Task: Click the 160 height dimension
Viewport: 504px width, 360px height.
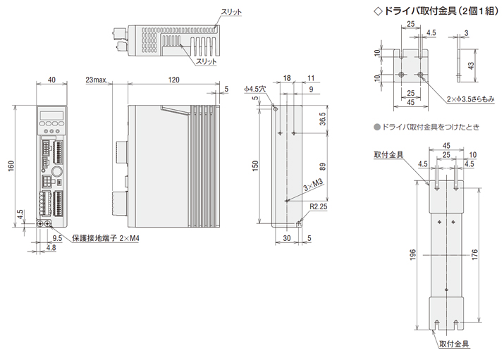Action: click(11, 166)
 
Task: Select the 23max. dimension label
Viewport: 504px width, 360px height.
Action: click(97, 80)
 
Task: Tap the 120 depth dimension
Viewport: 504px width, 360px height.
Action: click(173, 80)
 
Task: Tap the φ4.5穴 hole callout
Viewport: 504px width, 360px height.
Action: click(255, 89)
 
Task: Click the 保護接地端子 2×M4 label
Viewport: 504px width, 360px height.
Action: click(106, 238)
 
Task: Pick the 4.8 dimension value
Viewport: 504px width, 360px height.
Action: click(51, 247)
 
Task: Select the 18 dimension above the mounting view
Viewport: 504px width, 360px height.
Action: click(287, 79)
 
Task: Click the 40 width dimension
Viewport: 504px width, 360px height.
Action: click(51, 80)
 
